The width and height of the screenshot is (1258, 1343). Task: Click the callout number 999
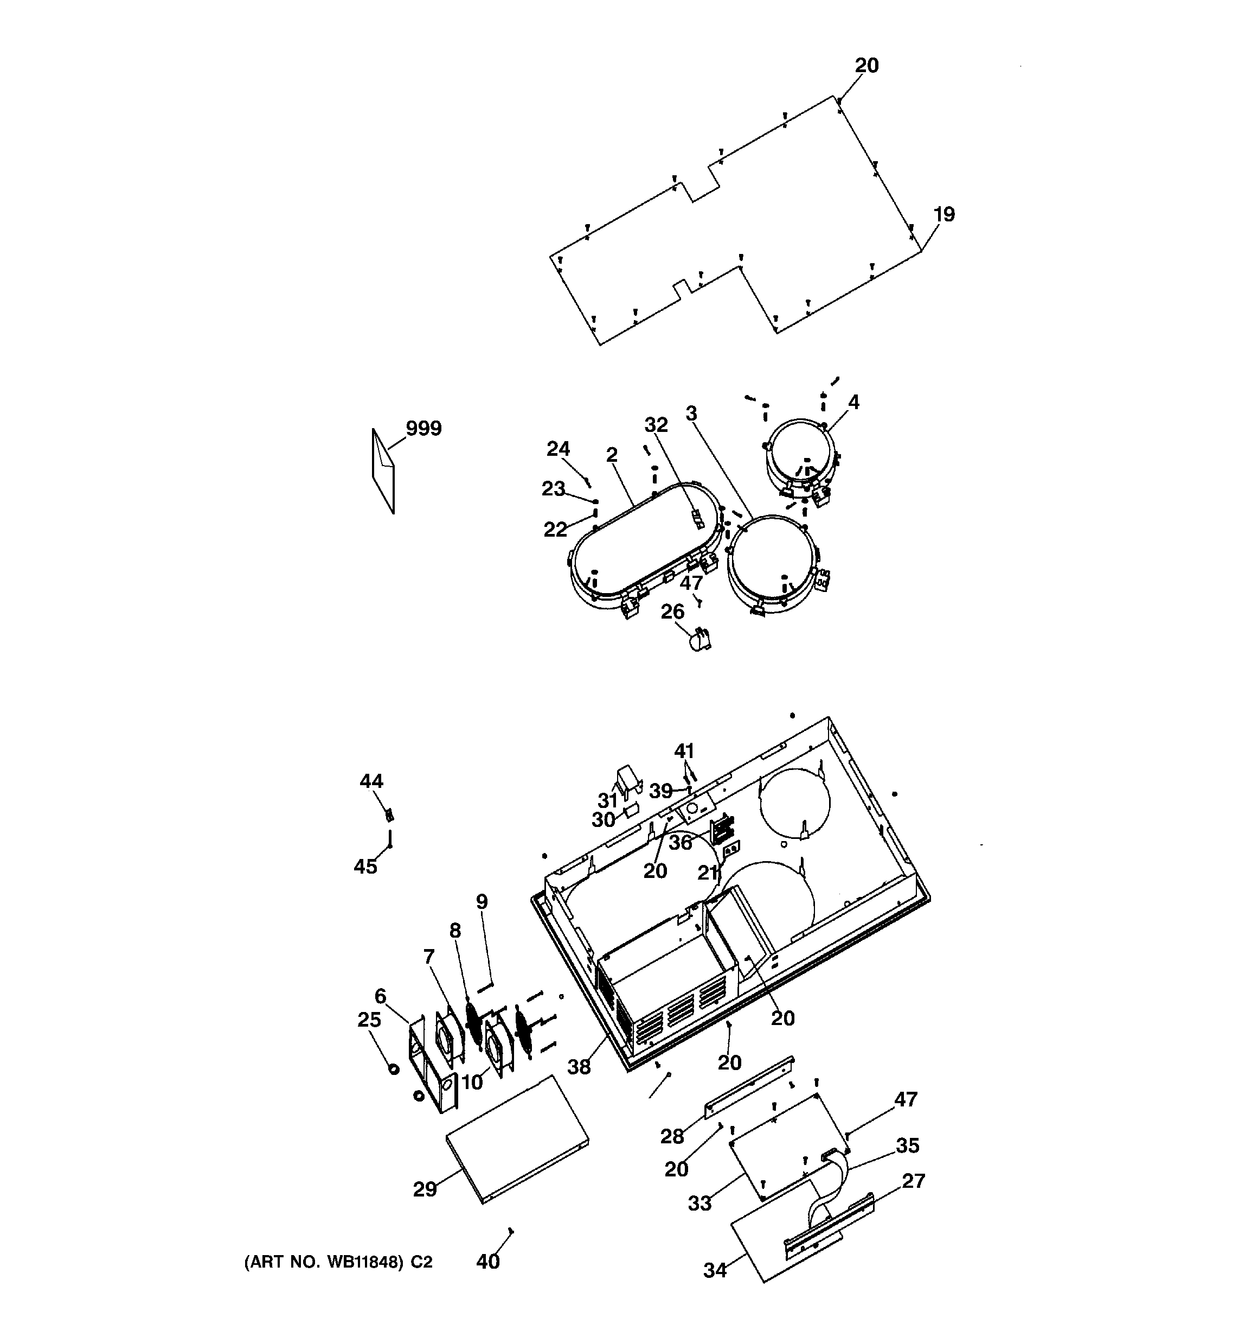click(x=423, y=428)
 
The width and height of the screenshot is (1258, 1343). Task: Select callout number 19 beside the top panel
click(x=944, y=214)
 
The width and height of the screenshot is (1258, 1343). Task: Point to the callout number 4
click(x=853, y=403)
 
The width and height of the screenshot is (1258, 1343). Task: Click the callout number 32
click(x=656, y=425)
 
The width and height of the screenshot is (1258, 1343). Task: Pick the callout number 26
click(x=672, y=612)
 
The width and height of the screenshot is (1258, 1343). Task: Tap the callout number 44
click(x=371, y=781)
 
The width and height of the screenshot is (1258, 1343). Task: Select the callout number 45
click(x=365, y=866)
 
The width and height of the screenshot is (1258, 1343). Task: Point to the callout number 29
click(x=425, y=1189)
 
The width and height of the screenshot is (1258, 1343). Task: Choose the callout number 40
click(x=487, y=1261)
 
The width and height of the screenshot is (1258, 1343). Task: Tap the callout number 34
click(x=715, y=1270)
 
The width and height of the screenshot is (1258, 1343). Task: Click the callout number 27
click(x=913, y=1181)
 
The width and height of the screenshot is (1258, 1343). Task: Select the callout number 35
click(x=908, y=1145)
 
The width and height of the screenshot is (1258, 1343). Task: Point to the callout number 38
click(x=579, y=1067)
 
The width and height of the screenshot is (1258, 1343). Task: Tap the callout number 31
click(x=608, y=800)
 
